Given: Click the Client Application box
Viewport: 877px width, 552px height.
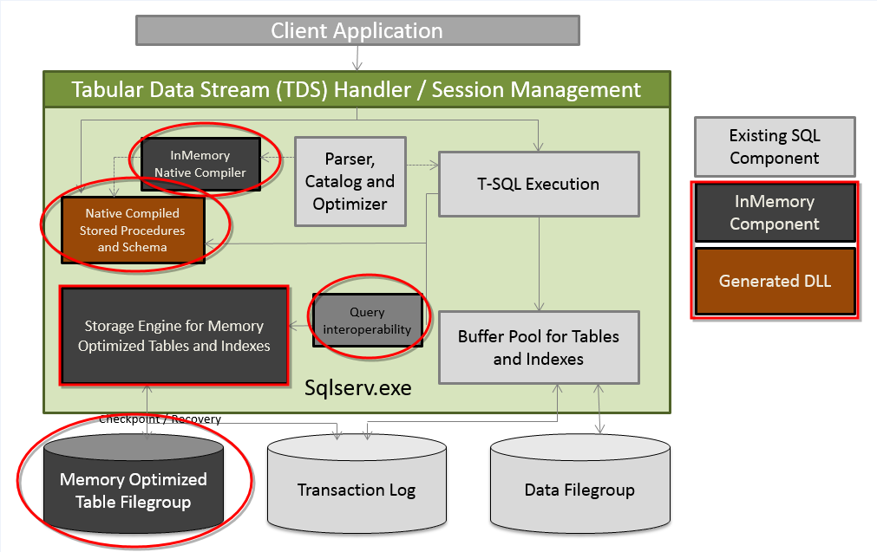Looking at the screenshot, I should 357,31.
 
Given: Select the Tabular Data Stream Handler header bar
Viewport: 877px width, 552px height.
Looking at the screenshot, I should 357,89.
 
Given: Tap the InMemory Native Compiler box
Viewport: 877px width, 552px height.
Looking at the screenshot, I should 200,163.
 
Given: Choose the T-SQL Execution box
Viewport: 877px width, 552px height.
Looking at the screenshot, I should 539,184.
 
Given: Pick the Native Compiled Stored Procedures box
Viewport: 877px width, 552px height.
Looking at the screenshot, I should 132,231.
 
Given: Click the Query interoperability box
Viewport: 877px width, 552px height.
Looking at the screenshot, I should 367,321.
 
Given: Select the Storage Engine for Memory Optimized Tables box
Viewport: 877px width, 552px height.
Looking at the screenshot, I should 173,336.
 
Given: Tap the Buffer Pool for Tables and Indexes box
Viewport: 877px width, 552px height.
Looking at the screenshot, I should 539,347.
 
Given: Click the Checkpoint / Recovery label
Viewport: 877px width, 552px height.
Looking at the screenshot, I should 160,419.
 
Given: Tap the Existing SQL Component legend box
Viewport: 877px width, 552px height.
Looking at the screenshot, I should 774,147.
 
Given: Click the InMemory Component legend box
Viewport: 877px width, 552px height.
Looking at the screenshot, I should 774,212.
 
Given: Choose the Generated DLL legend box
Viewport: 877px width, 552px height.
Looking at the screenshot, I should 774,281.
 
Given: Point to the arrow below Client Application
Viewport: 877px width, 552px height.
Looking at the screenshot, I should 357,59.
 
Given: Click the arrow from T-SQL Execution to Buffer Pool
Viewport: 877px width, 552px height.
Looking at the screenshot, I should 540,263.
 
